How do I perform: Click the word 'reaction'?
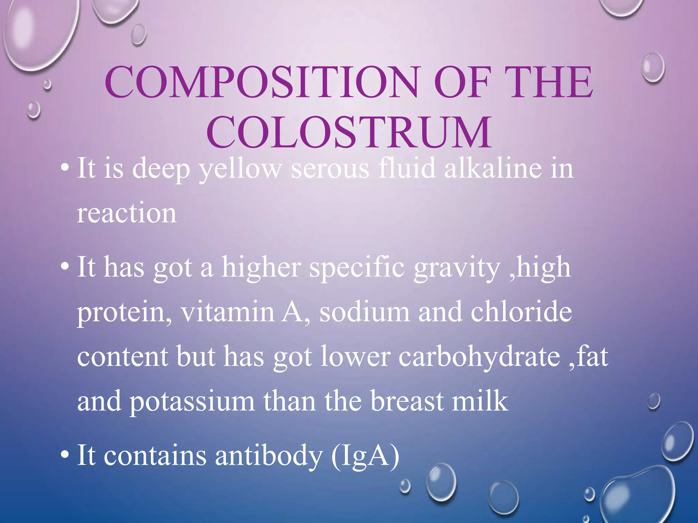pos(127,213)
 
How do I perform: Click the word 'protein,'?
pos(124,313)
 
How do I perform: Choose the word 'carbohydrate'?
pos(479,357)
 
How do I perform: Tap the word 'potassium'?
pos(192,402)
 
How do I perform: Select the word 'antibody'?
pos(269,456)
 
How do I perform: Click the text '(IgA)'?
pos(365,456)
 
